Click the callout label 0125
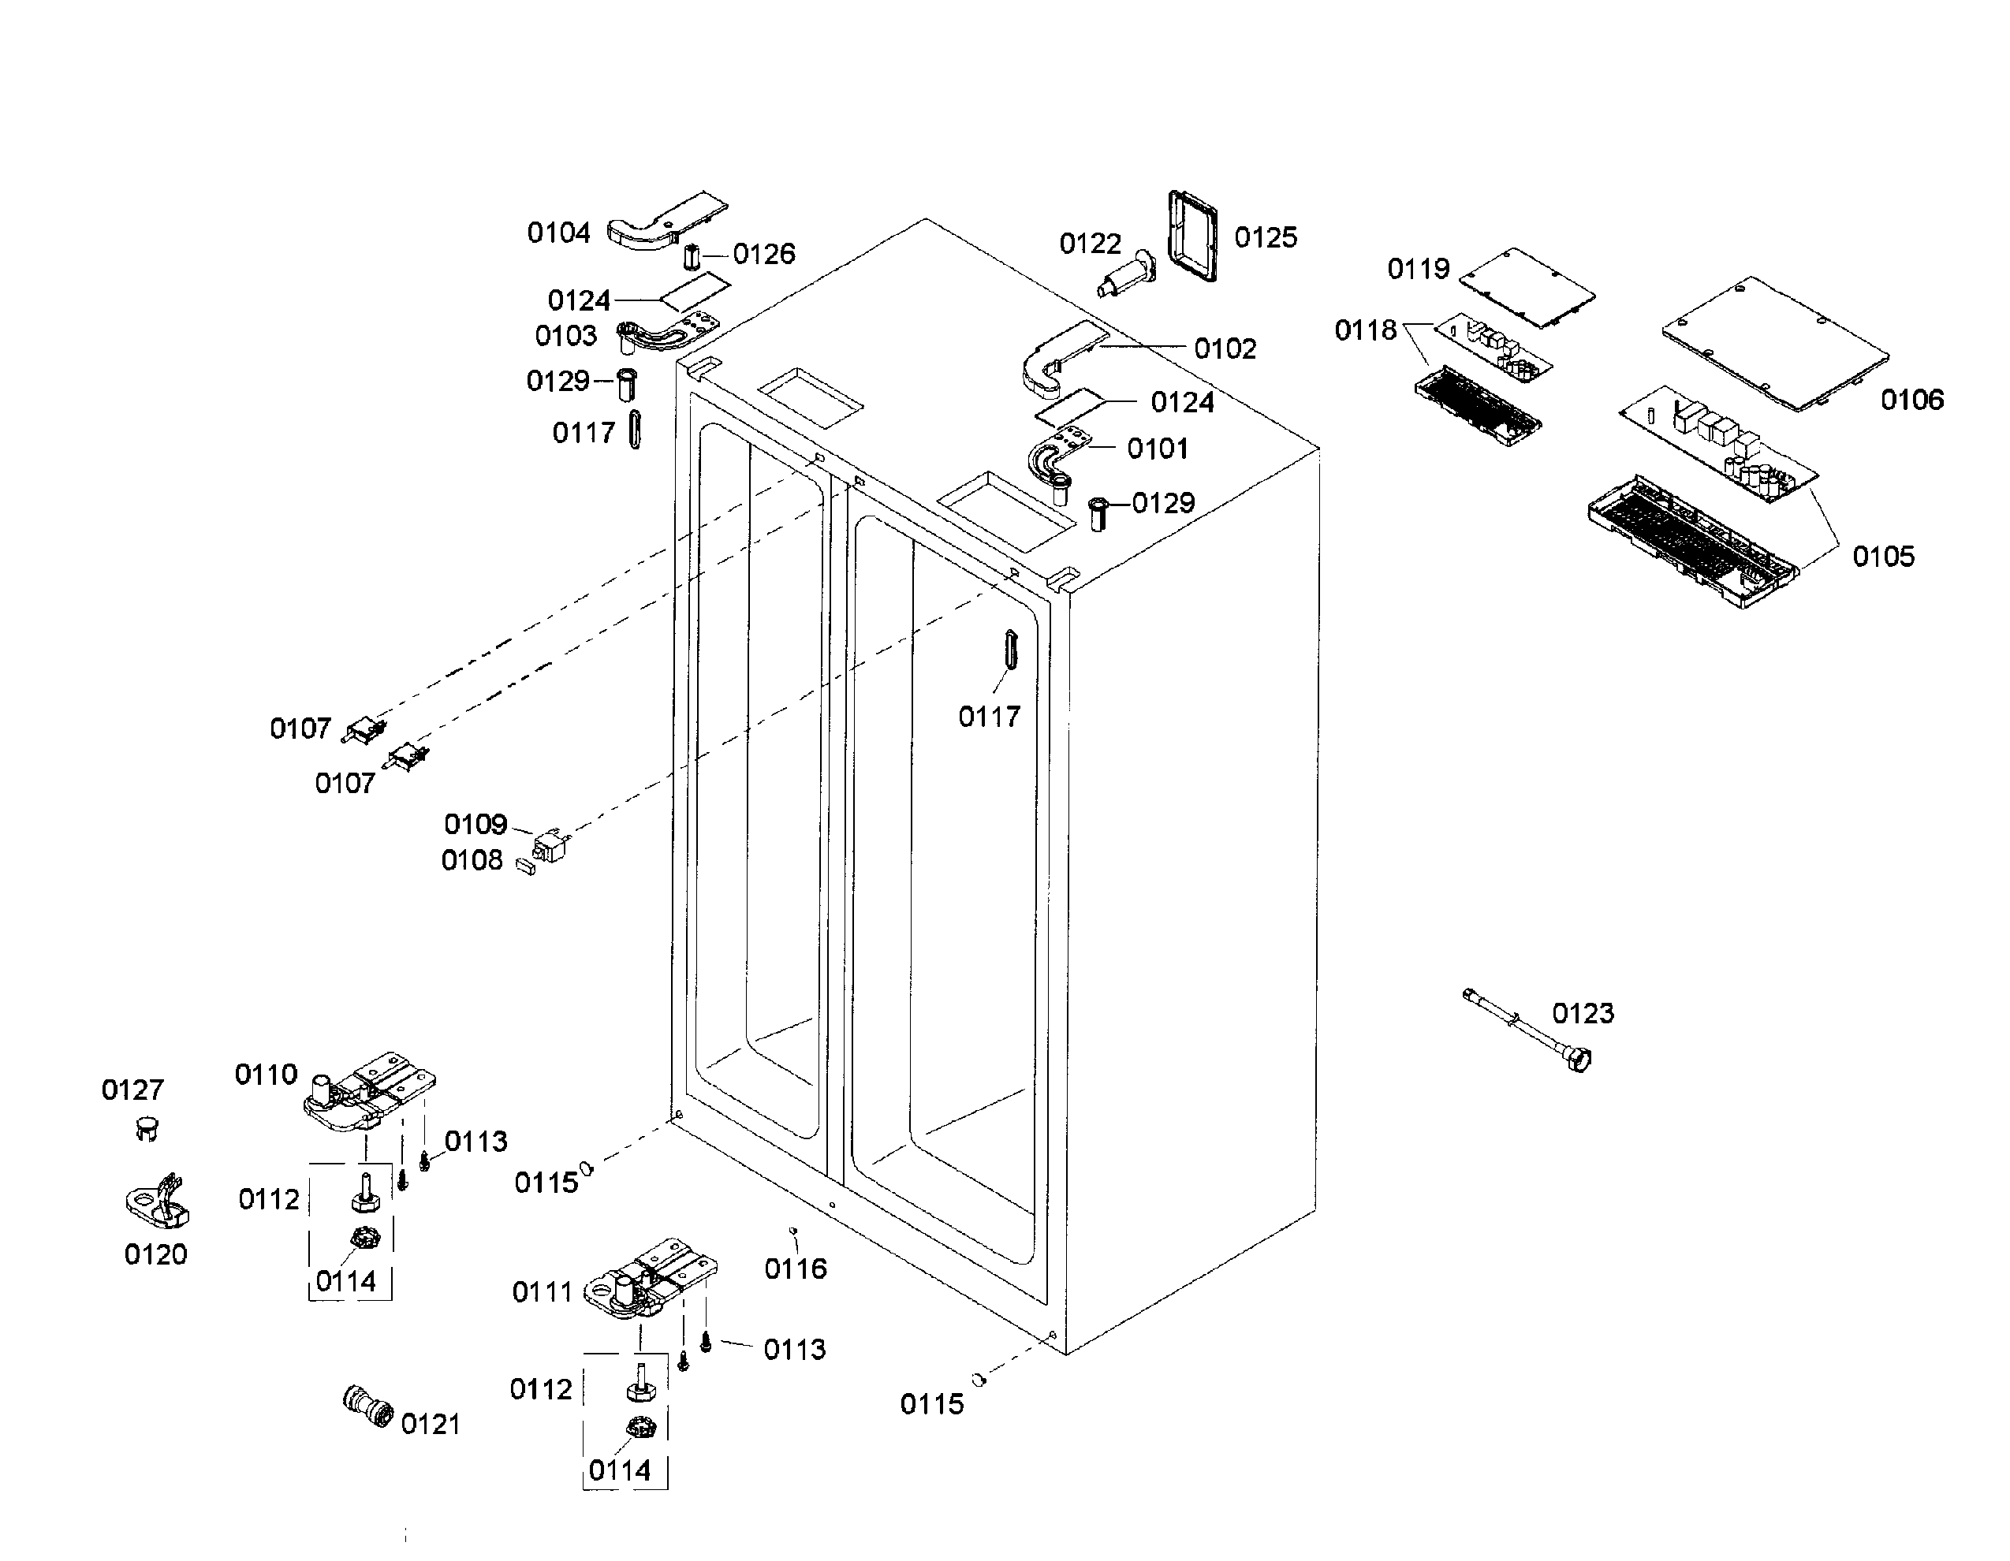click(1266, 237)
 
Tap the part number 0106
click(1911, 400)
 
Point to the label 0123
click(1582, 1013)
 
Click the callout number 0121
click(430, 1424)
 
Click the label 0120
click(155, 1254)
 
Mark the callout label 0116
click(795, 1269)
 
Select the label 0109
click(475, 824)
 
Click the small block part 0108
click(525, 866)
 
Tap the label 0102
click(1224, 348)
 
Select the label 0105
click(1883, 556)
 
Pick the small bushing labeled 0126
click(692, 254)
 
